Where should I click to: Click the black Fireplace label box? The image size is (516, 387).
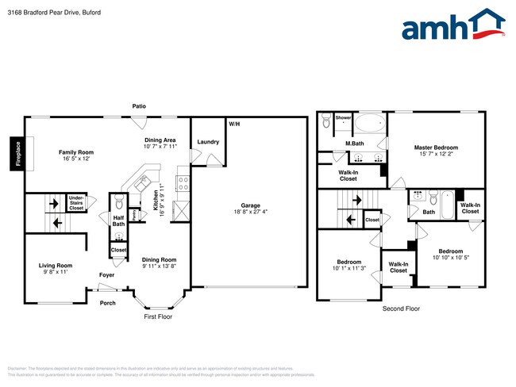point(15,152)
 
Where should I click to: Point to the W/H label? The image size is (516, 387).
point(234,125)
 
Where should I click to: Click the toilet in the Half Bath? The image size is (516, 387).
point(118,201)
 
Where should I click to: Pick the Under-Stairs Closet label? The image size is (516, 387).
point(76,201)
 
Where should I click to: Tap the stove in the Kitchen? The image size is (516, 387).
point(182,183)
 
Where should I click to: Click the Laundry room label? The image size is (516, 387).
point(208,142)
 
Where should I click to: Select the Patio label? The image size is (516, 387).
point(139,106)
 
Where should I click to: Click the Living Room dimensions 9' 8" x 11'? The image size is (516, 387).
point(56,272)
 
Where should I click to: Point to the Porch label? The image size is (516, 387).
point(107,302)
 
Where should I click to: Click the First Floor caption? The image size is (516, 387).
point(157,316)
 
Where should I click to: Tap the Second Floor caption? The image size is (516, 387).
point(401,308)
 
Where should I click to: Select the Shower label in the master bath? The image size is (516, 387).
point(343,117)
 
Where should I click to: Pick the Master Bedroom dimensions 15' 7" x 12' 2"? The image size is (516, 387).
point(436,154)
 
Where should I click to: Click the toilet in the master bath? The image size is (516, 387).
point(326,123)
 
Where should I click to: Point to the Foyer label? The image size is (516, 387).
point(106,275)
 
